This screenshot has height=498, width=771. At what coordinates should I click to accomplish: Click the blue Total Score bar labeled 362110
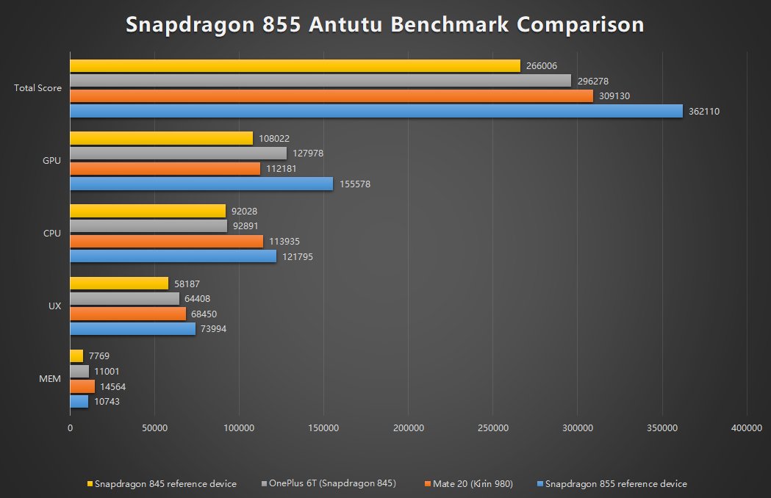(376, 111)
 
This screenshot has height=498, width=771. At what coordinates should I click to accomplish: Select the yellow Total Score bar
(295, 66)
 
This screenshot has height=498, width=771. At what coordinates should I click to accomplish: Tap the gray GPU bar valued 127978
(178, 154)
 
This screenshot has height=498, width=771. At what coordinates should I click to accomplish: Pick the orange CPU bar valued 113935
(166, 241)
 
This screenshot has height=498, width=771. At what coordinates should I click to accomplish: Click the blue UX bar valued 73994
(132, 329)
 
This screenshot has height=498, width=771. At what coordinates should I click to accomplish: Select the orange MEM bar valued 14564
(82, 386)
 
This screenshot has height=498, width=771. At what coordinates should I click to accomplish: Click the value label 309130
(614, 96)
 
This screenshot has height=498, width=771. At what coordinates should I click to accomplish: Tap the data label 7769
(98, 356)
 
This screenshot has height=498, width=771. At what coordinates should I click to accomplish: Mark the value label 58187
(190, 284)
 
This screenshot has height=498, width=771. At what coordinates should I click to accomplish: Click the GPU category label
(52, 161)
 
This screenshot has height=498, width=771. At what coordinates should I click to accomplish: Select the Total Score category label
(37, 88)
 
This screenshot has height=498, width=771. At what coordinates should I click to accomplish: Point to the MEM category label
(50, 380)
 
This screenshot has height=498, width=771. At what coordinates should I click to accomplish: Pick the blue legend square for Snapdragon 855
(540, 484)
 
